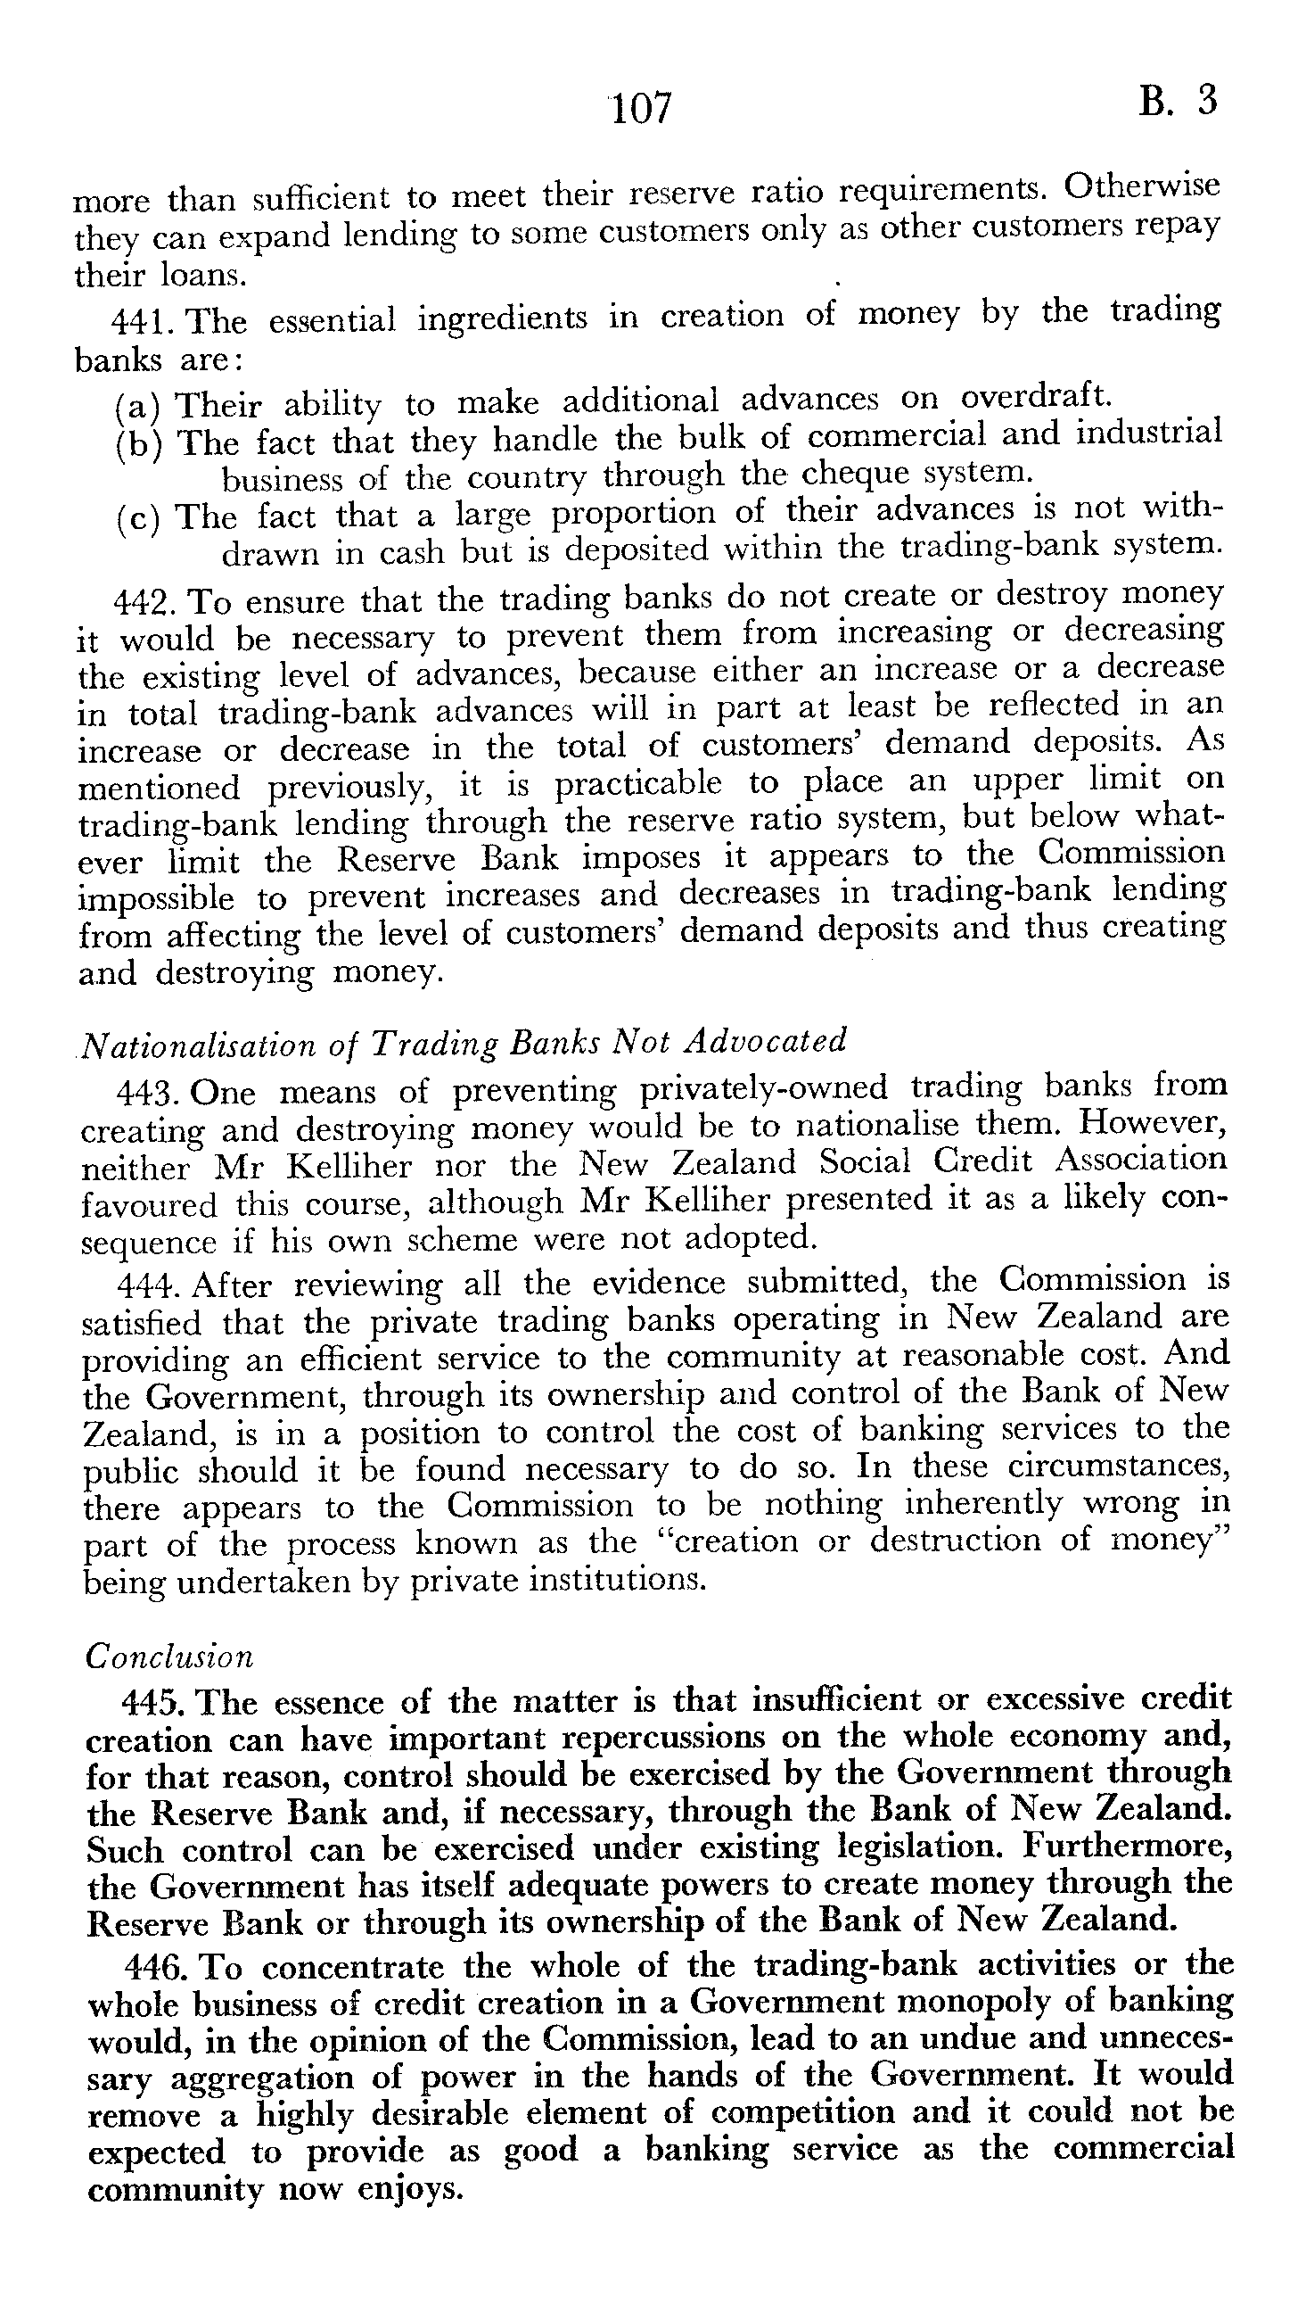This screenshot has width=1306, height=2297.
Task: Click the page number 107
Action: coord(640,108)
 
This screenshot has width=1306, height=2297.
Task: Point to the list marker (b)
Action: coord(138,444)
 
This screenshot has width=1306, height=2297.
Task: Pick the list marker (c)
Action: coord(138,519)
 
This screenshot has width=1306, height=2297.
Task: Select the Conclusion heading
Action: coord(169,1657)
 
